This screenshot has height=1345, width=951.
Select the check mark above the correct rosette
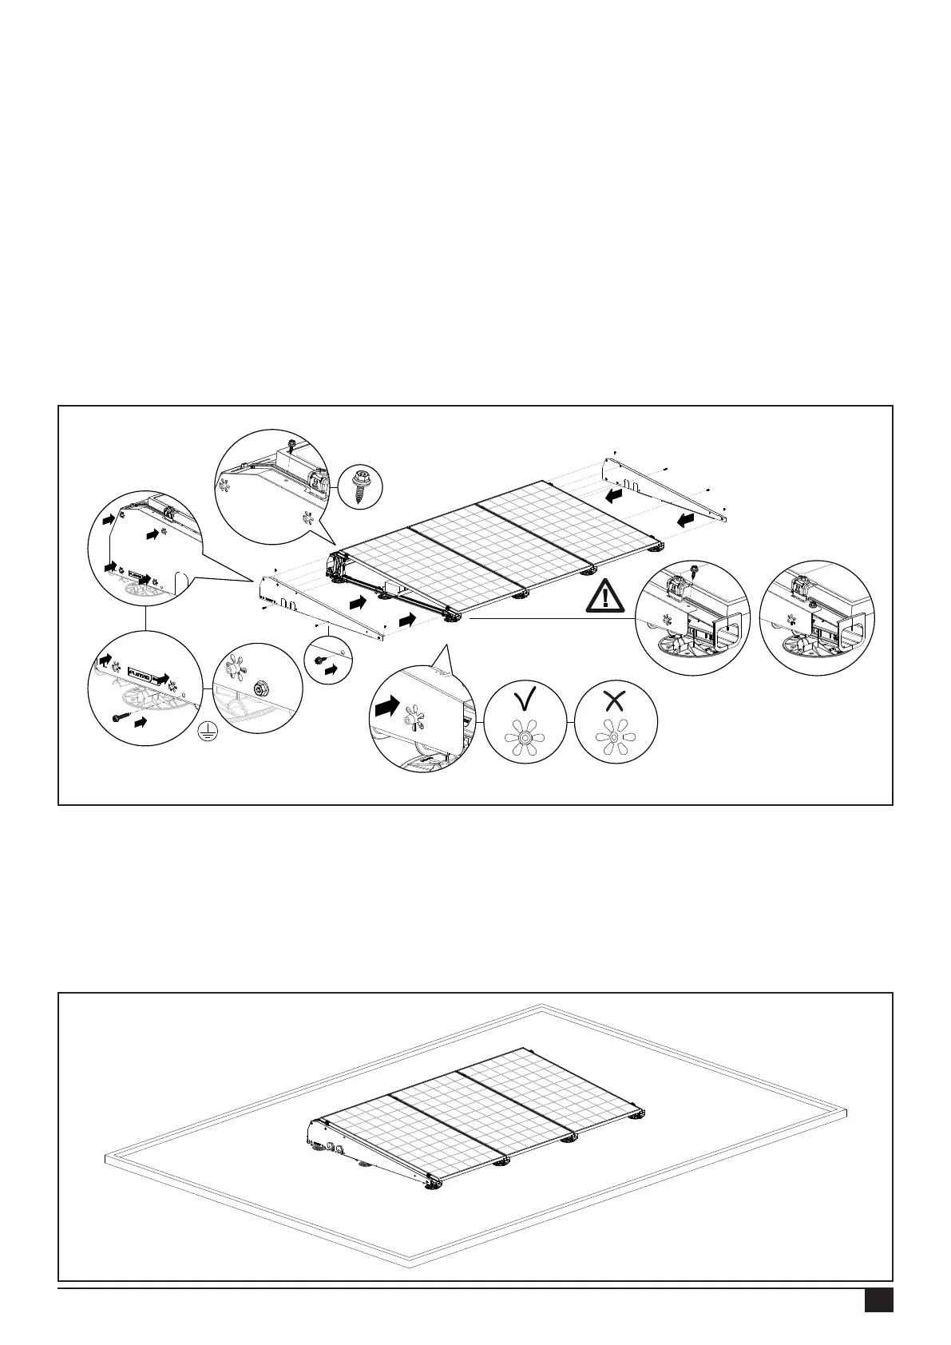525,700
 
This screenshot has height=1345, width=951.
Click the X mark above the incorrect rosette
614,700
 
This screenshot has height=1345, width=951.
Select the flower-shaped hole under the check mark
525,739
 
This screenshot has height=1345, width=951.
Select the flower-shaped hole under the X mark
614,739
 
